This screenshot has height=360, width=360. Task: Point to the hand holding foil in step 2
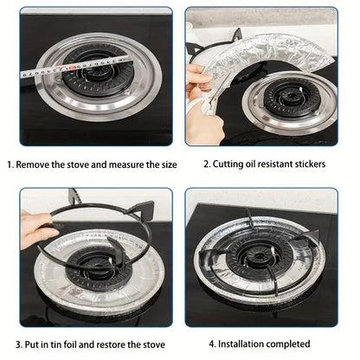pos(201,104)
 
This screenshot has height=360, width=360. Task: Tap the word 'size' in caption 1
pos(167,164)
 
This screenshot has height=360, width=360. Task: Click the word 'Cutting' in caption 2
pos(231,164)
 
